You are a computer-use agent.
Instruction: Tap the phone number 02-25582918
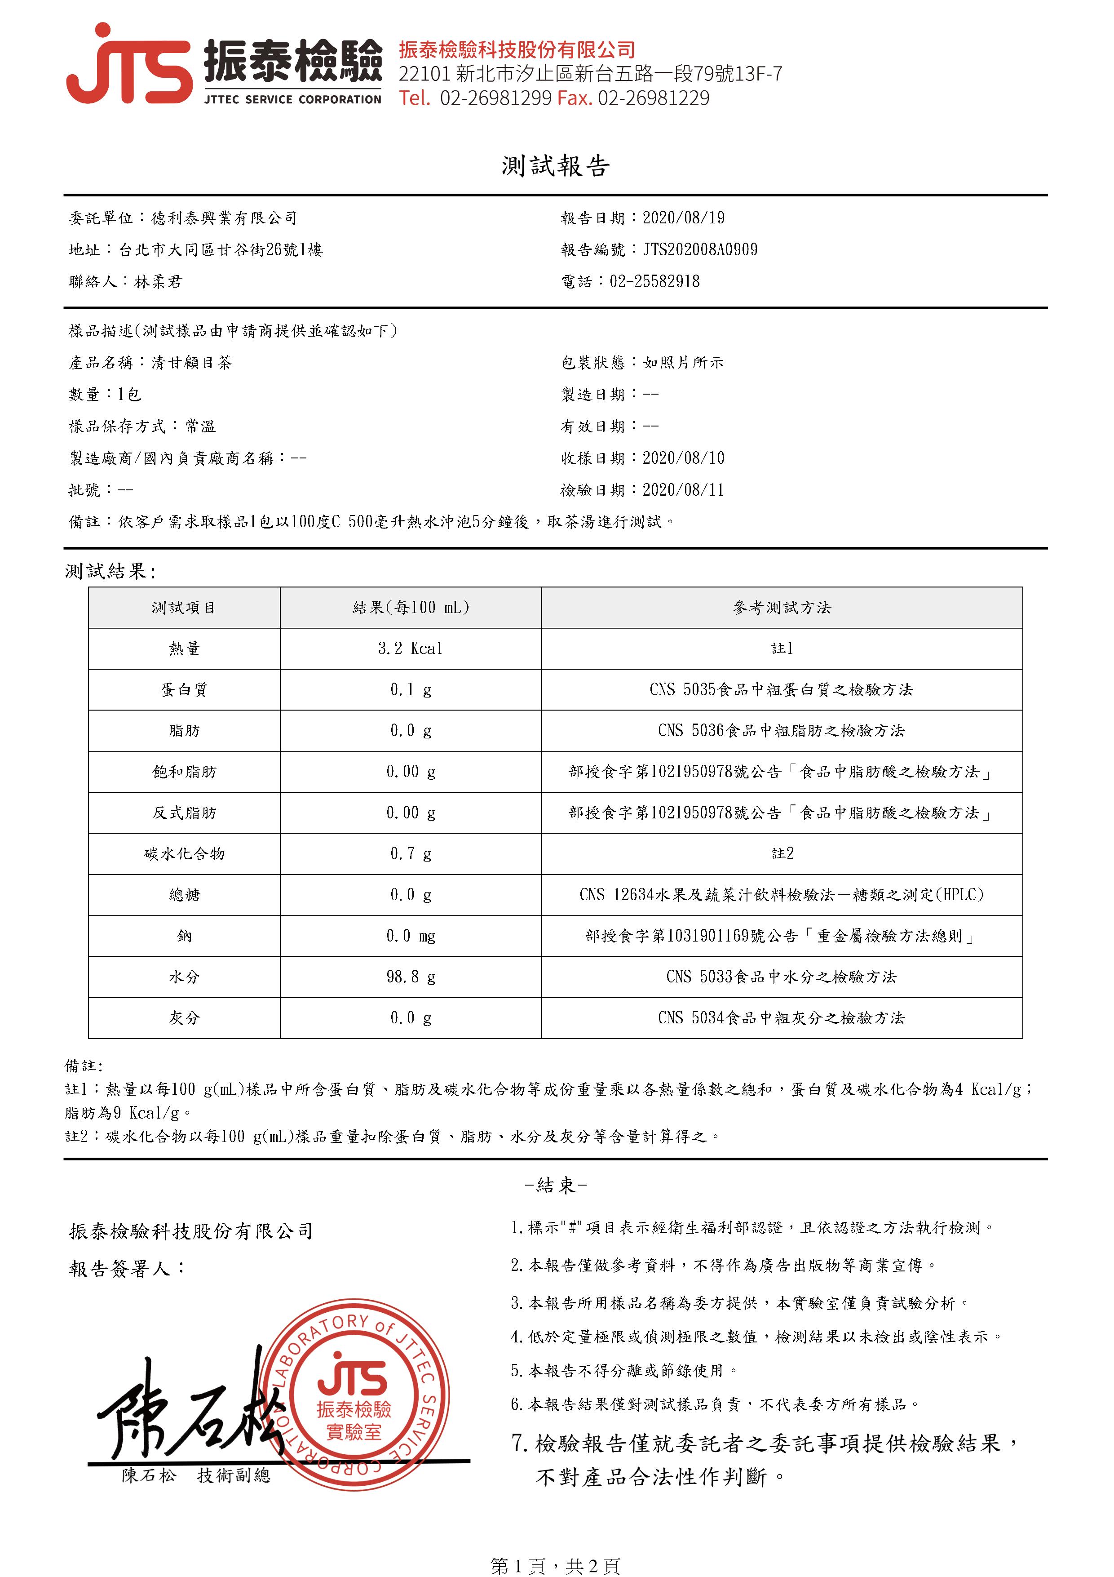[x=654, y=282]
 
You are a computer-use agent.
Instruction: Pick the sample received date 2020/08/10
[x=683, y=458]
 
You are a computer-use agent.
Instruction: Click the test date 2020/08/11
[x=683, y=490]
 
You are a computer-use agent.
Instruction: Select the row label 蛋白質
[x=184, y=689]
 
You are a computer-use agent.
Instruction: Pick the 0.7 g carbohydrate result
[x=411, y=854]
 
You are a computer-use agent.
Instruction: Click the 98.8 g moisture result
[x=411, y=977]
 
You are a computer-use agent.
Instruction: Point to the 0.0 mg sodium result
[x=411, y=936]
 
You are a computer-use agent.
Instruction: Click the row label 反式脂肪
[x=184, y=813]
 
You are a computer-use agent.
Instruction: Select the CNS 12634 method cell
[x=781, y=895]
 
